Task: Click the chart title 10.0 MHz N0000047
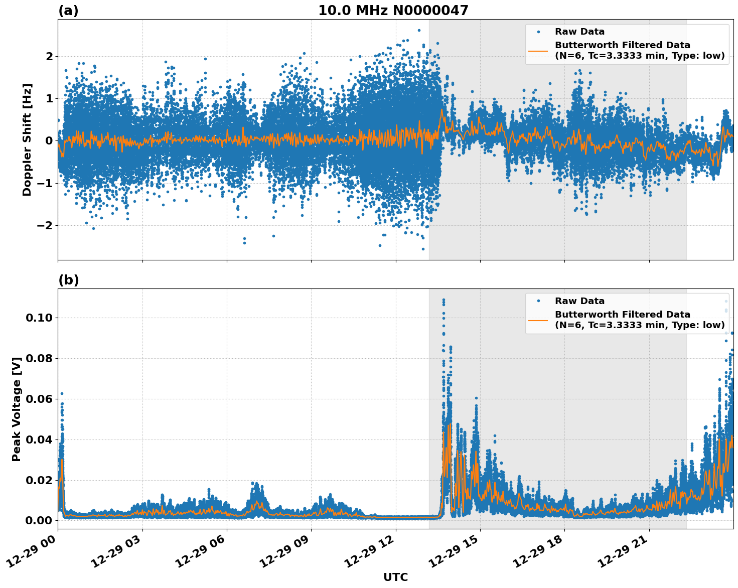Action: point(393,11)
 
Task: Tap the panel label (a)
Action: point(68,11)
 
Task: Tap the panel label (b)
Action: point(68,280)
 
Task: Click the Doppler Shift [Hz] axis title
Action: point(27,139)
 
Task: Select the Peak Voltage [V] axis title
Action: point(17,409)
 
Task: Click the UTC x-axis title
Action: point(395,577)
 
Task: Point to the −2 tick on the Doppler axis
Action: point(46,225)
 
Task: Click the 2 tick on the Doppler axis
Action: point(49,56)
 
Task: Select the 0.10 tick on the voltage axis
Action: point(42,318)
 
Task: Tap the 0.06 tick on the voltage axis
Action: point(42,399)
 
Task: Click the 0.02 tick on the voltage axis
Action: point(42,480)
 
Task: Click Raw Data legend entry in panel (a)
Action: point(579,32)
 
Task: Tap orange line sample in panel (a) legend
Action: point(538,51)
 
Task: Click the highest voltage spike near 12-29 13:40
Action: point(443,300)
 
